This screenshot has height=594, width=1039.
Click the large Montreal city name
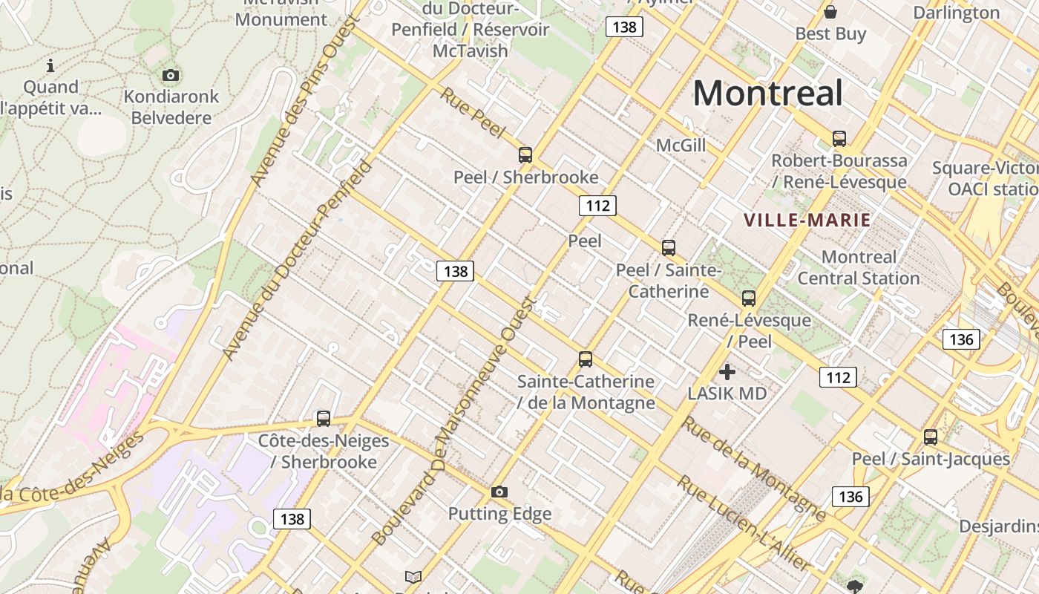tap(767, 94)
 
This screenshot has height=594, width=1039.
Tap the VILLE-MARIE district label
tap(807, 221)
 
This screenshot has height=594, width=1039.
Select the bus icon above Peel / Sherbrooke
tap(525, 155)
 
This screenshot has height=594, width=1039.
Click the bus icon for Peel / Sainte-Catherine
tap(669, 248)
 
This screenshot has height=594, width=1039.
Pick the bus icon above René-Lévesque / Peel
tap(749, 298)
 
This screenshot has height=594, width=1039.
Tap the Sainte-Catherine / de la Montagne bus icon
tap(586, 359)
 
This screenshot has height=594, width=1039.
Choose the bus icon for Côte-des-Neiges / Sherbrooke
tap(324, 419)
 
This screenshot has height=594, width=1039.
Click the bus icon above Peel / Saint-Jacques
tap(931, 437)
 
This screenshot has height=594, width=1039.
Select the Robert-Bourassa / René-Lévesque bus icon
tap(839, 139)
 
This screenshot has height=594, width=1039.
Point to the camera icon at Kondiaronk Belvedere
tap(171, 75)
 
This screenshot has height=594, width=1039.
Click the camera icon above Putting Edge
tap(499, 492)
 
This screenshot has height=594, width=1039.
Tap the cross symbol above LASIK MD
tap(727, 371)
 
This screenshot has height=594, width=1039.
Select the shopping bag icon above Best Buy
tap(830, 12)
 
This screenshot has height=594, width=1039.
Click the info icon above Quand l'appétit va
tap(50, 65)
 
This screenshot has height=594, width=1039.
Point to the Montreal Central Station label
tap(859, 268)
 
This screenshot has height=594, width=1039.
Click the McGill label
tap(681, 146)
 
